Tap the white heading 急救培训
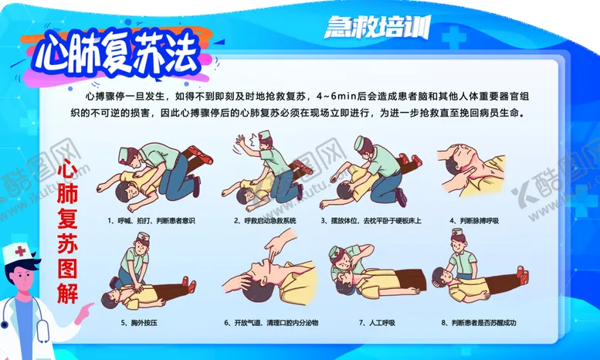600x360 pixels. coord(378,27)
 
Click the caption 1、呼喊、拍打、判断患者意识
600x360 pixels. coord(151,221)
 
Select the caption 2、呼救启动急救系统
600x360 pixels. coord(265,221)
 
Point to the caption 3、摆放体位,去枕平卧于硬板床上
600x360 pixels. coord(371,221)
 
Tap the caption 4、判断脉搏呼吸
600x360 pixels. coord(474,221)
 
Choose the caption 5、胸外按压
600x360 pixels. coord(139,323)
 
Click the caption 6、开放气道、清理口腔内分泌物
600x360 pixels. coord(271,323)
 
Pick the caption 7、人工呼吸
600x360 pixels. coord(377,323)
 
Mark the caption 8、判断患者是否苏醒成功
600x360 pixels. coord(479,323)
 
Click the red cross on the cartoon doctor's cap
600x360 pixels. coord(20,252)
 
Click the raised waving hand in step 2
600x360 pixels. coord(242,141)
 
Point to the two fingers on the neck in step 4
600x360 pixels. coord(464,175)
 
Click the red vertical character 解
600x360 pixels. coord(68,293)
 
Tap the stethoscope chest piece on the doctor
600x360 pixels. coord(4,324)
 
